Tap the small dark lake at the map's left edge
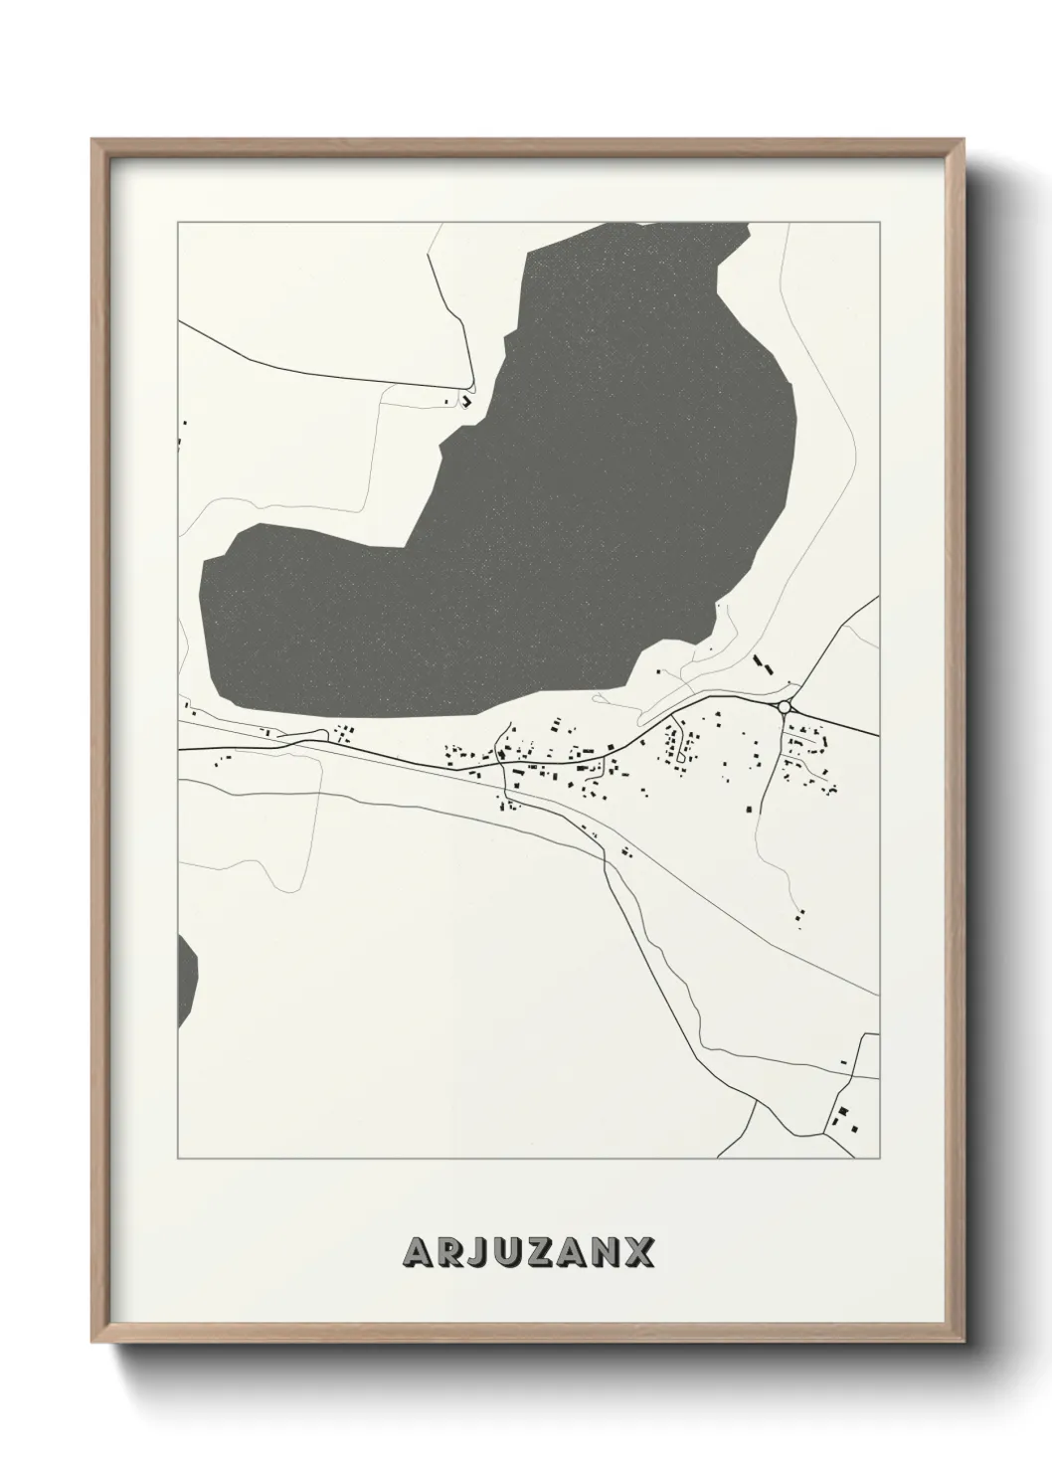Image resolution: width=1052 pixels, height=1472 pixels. (x=186, y=980)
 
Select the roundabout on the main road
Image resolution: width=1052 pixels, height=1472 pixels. (x=785, y=706)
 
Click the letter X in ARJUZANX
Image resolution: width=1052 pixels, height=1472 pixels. (x=638, y=1252)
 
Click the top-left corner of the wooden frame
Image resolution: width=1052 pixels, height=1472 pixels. (x=93, y=140)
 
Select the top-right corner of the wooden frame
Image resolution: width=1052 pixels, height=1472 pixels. (x=962, y=140)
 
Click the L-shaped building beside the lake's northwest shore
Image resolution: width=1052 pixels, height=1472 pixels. (x=464, y=401)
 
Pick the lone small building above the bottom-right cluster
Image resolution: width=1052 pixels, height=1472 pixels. (x=843, y=1063)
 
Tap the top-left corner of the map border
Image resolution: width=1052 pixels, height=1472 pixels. (x=178, y=223)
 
